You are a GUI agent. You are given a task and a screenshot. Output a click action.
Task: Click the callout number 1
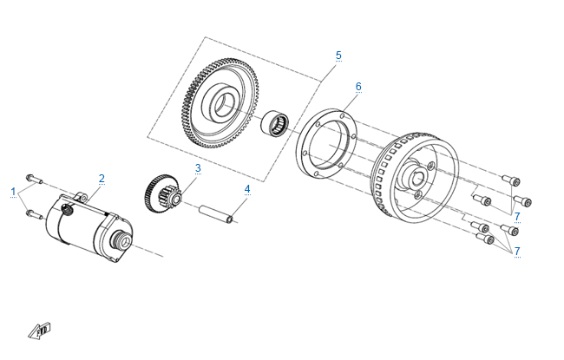pyautogui.click(x=13, y=192)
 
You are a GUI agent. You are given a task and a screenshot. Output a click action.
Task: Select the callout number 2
pyautogui.click(x=102, y=179)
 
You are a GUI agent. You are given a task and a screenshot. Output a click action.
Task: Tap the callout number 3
pyautogui.click(x=198, y=168)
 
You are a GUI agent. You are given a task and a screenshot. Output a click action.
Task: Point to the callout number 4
pyautogui.click(x=247, y=189)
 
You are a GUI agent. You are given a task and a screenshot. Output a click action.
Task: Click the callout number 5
pyautogui.click(x=338, y=56)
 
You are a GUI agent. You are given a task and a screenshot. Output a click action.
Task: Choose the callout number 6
pyautogui.click(x=358, y=87)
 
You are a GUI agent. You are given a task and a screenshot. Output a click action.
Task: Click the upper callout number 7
pyautogui.click(x=517, y=217)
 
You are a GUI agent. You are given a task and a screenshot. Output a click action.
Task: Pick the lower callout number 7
pyautogui.click(x=517, y=251)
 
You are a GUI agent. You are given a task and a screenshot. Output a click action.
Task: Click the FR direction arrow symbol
pyautogui.click(x=40, y=331)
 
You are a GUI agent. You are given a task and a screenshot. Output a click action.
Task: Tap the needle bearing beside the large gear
pyautogui.click(x=275, y=124)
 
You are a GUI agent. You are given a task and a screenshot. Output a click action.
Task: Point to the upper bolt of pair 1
pyautogui.click(x=34, y=179)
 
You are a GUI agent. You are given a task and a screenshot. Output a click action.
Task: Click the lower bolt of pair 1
pyautogui.click(x=34, y=215)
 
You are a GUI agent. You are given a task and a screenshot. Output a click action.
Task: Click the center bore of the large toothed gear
pyautogui.click(x=225, y=105)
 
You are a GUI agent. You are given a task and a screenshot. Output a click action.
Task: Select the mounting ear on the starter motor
pyautogui.click(x=82, y=197)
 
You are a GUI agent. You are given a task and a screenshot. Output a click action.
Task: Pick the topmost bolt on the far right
pyautogui.click(x=511, y=180)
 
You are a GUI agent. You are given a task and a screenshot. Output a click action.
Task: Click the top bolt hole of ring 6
pyautogui.click(x=342, y=115)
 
